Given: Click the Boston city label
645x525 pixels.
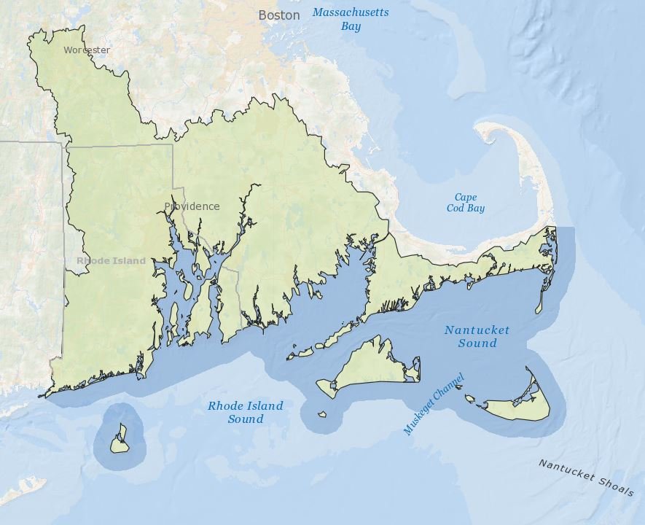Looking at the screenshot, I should (x=278, y=15).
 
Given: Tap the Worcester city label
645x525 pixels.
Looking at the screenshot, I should (x=87, y=50).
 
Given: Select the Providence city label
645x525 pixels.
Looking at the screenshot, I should (x=192, y=206).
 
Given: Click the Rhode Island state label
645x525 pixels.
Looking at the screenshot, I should (x=111, y=260).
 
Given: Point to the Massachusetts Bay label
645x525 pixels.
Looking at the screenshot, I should (x=351, y=19).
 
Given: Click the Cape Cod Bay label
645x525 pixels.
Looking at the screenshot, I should (x=465, y=203).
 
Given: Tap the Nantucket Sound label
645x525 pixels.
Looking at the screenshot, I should (x=477, y=336).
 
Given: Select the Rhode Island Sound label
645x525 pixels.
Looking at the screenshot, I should (x=245, y=412).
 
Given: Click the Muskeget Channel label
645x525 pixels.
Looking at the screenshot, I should (x=434, y=404).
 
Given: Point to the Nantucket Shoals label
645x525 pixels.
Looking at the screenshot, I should (x=586, y=478).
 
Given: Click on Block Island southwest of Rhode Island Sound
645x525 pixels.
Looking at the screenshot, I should (x=119, y=443).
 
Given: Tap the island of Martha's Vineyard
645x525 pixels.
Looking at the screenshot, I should (x=368, y=367).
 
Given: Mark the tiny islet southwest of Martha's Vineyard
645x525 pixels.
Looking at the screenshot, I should (x=322, y=414).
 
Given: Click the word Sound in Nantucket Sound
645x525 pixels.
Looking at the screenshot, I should (x=477, y=343).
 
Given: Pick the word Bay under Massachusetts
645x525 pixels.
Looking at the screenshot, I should (x=351, y=26).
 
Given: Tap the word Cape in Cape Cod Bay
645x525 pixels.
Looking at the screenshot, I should (x=466, y=198).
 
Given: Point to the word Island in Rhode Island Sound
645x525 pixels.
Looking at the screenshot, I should (x=265, y=406).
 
